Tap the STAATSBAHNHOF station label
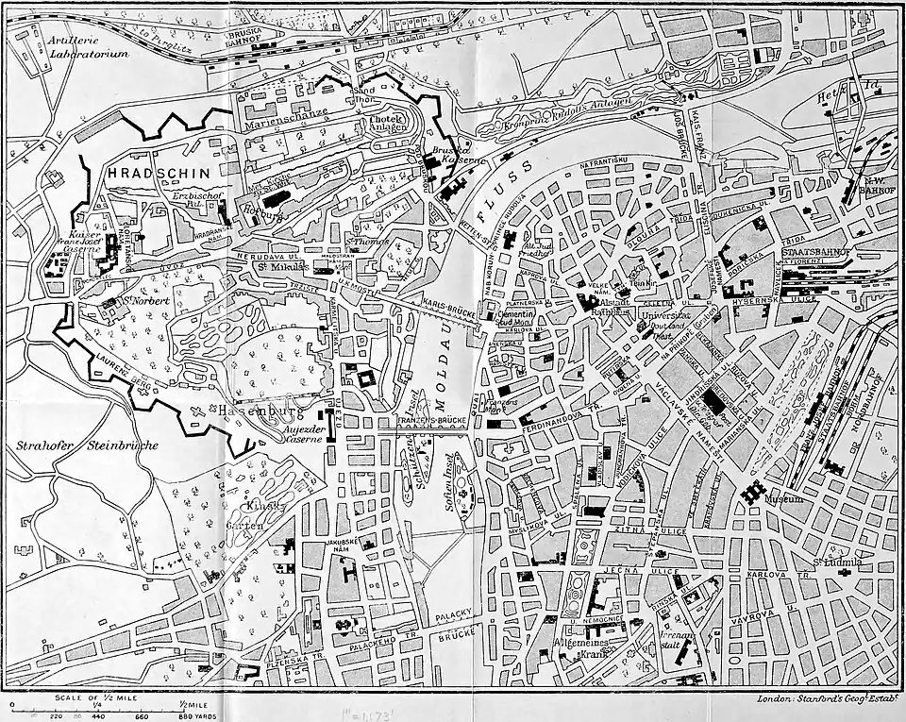click(816, 252)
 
